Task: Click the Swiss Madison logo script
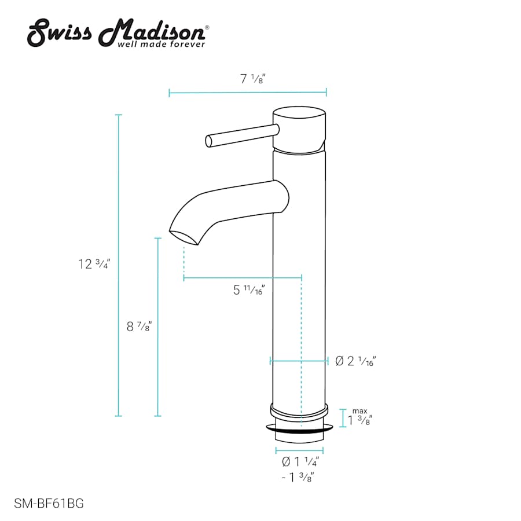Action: click(x=116, y=32)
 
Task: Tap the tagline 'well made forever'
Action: click(x=162, y=44)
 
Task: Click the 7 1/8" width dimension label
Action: click(x=252, y=80)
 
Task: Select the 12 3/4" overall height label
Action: click(x=94, y=264)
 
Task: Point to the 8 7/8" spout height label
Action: click(x=140, y=326)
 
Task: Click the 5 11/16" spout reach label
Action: click(x=249, y=291)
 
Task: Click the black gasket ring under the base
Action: click(x=300, y=430)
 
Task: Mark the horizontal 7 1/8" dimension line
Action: click(x=248, y=92)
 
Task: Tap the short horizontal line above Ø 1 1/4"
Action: click(x=299, y=450)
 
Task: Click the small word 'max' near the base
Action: click(x=359, y=410)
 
